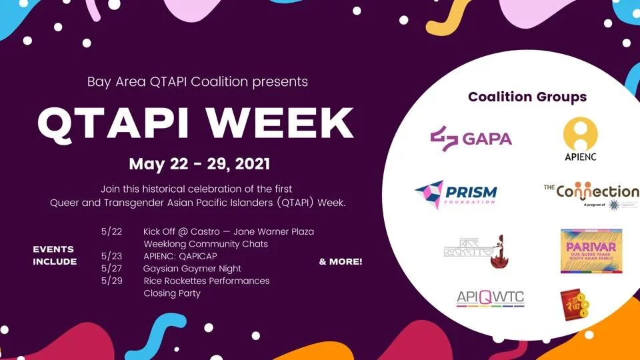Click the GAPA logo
pyautogui.click(x=471, y=138)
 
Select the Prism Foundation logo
pyautogui.click(x=455, y=194)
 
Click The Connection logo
pyautogui.click(x=591, y=195)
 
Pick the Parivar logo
pyautogui.click(x=591, y=251)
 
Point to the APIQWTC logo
pyautogui.click(x=490, y=298)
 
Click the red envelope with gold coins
pyautogui.click(x=575, y=305)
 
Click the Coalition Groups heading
pyautogui.click(x=527, y=97)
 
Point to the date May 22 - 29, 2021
pyautogui.click(x=199, y=163)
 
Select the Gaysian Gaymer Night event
pyautogui.click(x=192, y=268)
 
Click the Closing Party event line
pyautogui.click(x=172, y=293)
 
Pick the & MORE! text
pyautogui.click(x=341, y=261)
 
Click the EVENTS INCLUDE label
pyautogui.click(x=55, y=255)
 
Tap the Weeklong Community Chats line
pyautogui.click(x=205, y=243)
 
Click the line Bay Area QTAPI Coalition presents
pyautogui.click(x=197, y=82)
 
